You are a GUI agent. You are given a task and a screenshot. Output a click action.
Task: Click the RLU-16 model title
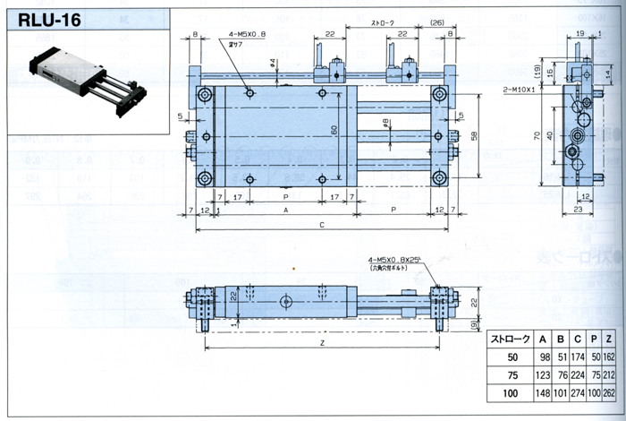point(44,19)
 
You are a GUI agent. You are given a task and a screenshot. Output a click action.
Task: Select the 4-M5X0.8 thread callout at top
point(240,31)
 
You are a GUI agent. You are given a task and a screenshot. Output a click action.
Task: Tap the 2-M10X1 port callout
point(520,89)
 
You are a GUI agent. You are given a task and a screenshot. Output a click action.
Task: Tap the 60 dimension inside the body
point(335,130)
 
